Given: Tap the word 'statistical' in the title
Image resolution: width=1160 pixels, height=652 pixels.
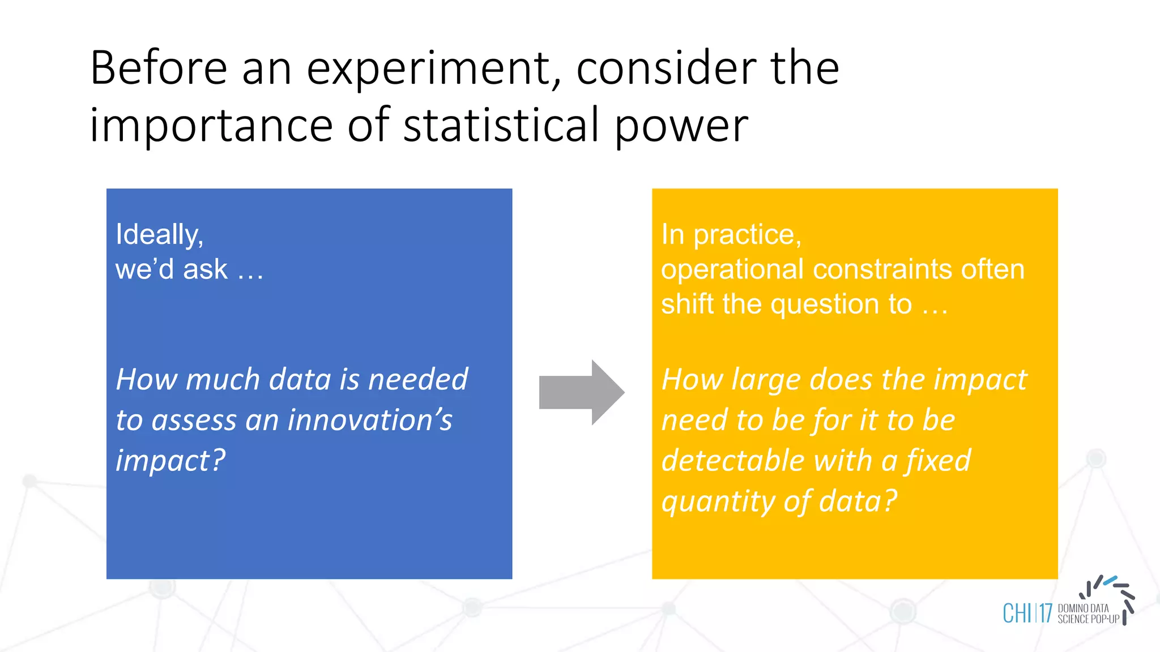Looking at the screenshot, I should pos(501,126).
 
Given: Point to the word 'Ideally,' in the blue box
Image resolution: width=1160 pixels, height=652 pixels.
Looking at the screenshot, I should pos(159,235).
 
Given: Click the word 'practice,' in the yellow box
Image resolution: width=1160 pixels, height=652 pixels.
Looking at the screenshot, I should pos(748,235).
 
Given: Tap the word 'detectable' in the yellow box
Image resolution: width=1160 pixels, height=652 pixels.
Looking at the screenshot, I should pos(732,460).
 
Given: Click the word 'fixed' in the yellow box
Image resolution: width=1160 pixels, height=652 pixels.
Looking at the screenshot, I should pos(939,460).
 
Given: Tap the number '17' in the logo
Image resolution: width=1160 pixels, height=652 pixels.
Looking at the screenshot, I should pos(1045,614).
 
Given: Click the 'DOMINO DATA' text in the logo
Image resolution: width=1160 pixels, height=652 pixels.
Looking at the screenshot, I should pos(1083,608).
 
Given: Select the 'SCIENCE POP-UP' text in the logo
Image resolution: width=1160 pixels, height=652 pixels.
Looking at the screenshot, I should pos(1088,619).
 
